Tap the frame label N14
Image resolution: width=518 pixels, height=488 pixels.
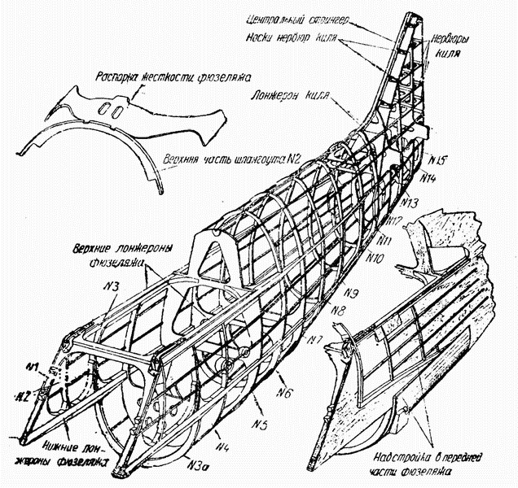pyautogui.click(x=431, y=176)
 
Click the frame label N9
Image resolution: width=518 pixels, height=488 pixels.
pyautogui.click(x=351, y=292)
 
